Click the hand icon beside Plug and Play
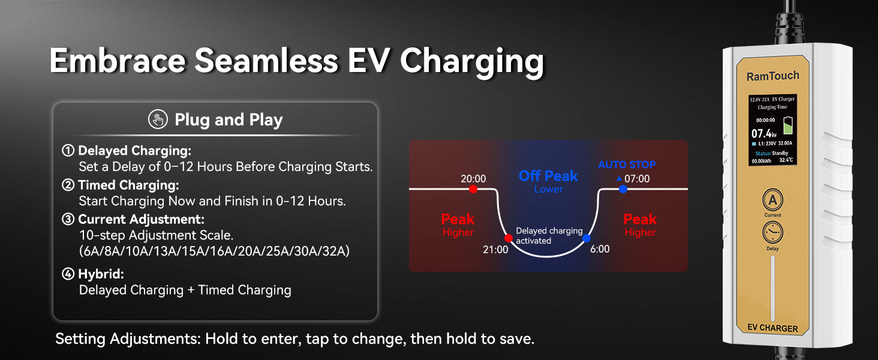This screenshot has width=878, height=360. pos(158,119)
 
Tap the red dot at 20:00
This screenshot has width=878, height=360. pos(473,189)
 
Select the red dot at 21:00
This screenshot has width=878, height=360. pos(509,238)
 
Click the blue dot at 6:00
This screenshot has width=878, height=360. pos(587,238)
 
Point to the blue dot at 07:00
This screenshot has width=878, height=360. pos(623,189)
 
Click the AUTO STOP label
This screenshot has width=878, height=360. pos(627,165)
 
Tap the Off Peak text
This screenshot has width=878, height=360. pos(548,176)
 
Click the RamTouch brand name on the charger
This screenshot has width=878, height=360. pos(772,76)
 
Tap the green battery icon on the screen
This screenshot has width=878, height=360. pos(787,125)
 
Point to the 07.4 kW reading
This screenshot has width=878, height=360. pos(763,134)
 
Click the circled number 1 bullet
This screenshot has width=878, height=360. pos(68,150)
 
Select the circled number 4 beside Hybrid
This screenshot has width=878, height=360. pos(68,274)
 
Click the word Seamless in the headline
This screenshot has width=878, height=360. pos(266,61)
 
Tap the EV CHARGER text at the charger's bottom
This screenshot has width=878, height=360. pos(772,328)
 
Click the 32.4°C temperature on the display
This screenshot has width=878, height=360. pos(786,160)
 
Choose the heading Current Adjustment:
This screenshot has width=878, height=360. pos(141,219)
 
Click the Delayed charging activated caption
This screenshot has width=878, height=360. pos(549,236)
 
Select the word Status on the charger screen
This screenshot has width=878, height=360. pos(763,154)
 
